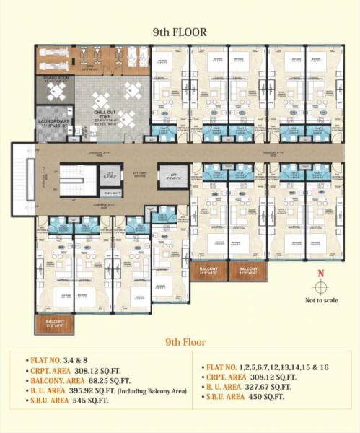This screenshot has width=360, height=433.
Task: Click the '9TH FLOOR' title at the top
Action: tap(180, 32)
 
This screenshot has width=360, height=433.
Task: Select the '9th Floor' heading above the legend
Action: tap(185, 342)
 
